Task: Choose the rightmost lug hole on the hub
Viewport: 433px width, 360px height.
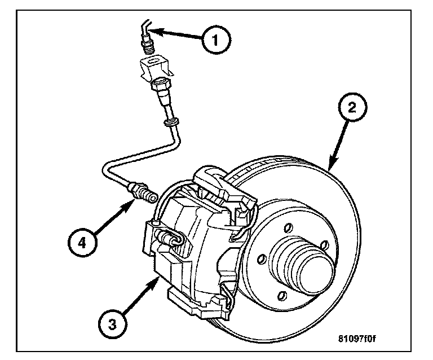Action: (x=324, y=245)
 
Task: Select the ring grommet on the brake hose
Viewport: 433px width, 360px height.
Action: (x=170, y=122)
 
